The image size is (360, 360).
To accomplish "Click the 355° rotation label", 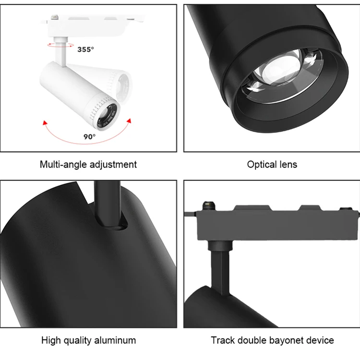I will point(85,49).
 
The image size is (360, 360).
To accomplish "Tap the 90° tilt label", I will point(90,136).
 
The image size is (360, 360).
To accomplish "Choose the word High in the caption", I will point(51,341).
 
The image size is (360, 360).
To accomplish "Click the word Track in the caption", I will point(223,341).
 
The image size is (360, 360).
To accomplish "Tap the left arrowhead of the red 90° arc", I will point(44,123).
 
